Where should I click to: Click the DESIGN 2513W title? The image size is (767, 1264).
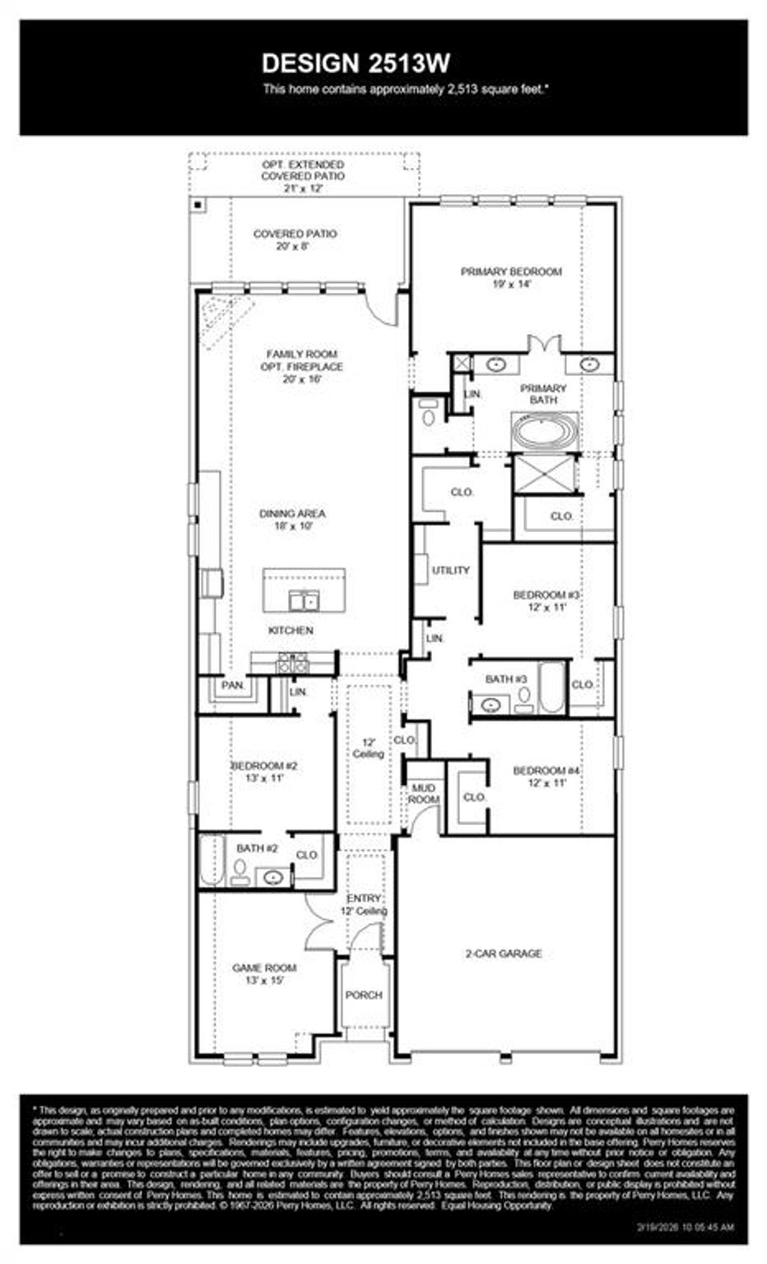click(356, 64)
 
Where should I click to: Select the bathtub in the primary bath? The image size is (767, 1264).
click(545, 433)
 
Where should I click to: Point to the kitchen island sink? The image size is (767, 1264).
click(305, 600)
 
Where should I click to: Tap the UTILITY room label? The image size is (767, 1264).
click(450, 570)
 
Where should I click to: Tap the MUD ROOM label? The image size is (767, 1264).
click(423, 794)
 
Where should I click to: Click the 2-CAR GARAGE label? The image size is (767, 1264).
click(503, 953)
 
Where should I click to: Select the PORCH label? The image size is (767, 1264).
click(363, 995)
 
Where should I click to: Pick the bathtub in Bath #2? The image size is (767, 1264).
click(212, 861)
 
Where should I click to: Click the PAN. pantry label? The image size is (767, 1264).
click(233, 685)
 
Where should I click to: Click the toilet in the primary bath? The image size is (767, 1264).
click(428, 413)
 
